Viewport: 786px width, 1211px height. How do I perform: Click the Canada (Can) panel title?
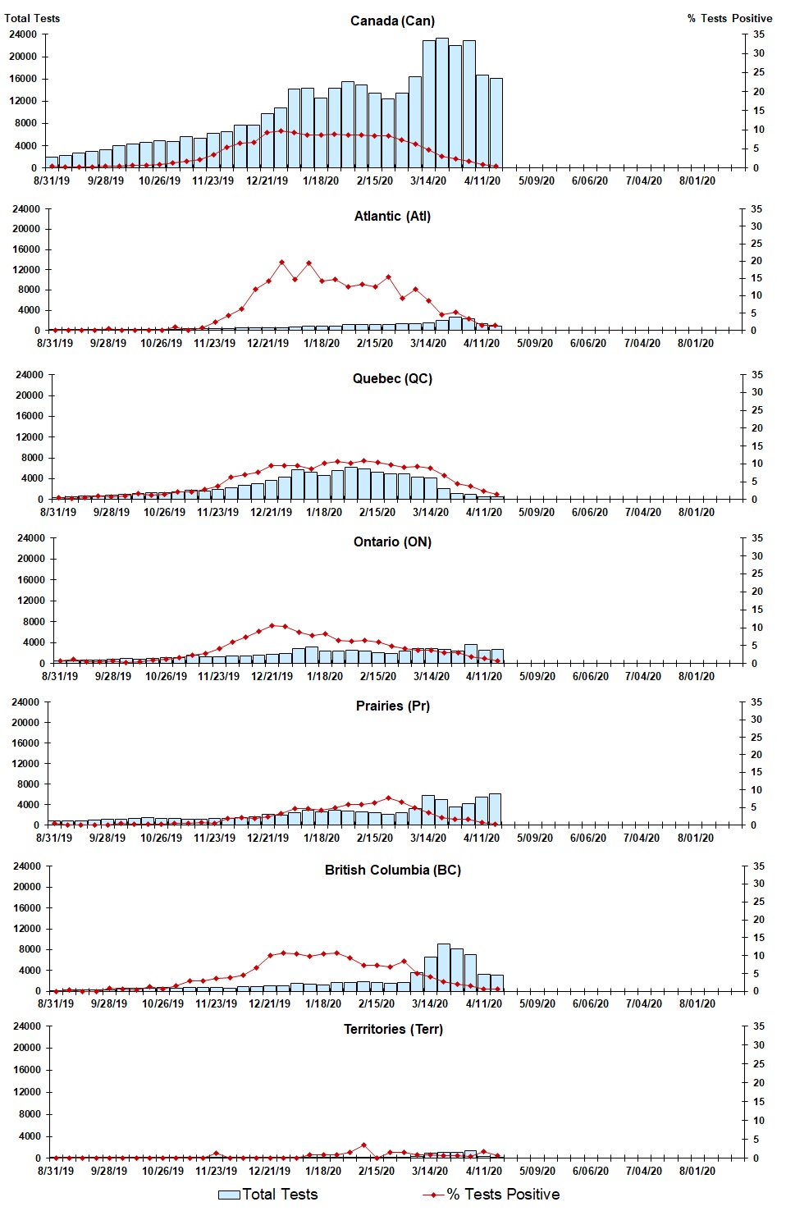click(392, 21)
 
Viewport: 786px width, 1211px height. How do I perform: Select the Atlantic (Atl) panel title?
click(392, 216)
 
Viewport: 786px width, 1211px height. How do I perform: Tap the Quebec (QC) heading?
click(392, 378)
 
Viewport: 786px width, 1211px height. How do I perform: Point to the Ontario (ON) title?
click(392, 542)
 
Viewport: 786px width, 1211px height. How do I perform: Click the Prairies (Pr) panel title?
click(392, 706)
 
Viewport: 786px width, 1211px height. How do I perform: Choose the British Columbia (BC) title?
click(392, 870)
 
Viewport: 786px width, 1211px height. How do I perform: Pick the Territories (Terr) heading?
click(392, 1029)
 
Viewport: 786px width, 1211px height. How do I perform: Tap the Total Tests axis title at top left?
click(32, 18)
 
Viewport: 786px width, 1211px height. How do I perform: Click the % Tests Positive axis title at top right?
click(729, 18)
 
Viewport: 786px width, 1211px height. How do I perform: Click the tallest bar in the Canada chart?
click(442, 103)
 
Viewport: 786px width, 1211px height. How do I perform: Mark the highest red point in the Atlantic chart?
click(281, 263)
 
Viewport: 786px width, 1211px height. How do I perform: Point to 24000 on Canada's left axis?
click(22, 34)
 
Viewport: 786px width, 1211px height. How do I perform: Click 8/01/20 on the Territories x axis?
click(697, 1171)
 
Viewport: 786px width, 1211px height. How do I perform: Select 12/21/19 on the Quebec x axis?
click(271, 512)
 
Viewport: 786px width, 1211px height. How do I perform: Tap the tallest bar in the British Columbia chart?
click(444, 967)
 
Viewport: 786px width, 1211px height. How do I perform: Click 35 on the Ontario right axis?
click(757, 538)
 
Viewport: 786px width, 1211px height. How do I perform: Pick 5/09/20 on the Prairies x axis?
click(536, 838)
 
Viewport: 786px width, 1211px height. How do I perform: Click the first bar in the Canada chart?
click(52, 162)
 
